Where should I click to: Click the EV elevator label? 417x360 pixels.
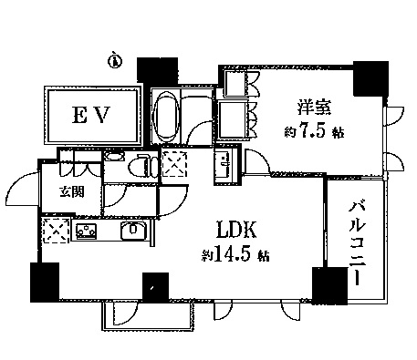point(90,115)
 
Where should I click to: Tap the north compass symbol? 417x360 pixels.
point(115,60)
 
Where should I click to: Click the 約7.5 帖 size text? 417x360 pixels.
point(314,132)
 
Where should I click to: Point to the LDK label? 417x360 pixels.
point(236,230)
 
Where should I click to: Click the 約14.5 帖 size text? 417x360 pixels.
point(235,255)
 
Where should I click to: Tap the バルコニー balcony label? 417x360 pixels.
point(357,244)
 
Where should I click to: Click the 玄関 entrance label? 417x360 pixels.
point(72,192)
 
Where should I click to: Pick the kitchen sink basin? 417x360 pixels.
point(133,230)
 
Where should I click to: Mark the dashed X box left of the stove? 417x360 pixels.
point(57,231)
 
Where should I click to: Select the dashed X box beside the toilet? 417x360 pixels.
point(174,164)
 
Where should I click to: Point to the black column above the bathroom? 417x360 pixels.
point(157,69)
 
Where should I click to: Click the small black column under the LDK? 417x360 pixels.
point(155,287)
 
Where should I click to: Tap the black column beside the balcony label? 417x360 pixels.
point(330,286)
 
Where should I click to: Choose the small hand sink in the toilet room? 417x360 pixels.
point(114,157)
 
